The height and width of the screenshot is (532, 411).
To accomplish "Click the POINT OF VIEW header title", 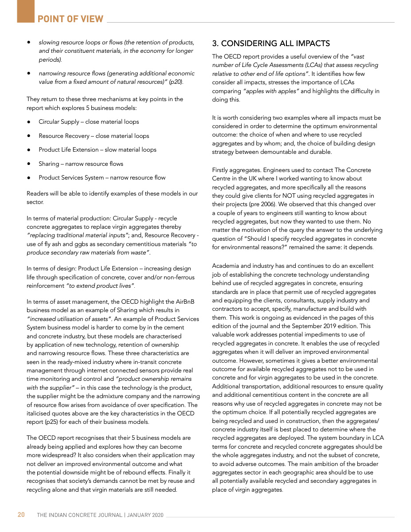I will click(x=70, y=19).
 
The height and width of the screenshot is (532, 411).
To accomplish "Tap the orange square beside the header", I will click(x=26, y=11).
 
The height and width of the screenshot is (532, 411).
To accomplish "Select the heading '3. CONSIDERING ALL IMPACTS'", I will click(x=271, y=43).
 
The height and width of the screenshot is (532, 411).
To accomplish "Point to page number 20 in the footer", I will click(x=21, y=515).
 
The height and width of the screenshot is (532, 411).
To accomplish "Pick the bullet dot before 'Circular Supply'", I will click(x=29, y=122).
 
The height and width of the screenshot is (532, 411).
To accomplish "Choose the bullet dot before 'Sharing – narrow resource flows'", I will click(x=29, y=164).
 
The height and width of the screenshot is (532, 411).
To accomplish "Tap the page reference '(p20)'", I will click(x=174, y=82).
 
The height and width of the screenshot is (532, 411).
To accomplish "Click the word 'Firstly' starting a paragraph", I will click(x=221, y=170).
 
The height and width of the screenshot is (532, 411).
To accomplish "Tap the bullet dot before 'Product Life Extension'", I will click(x=29, y=150).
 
